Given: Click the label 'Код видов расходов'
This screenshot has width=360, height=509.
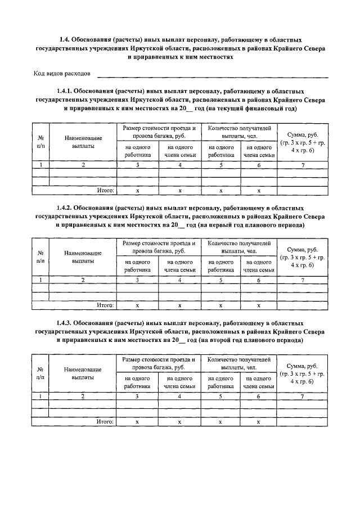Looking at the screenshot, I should tap(61, 74).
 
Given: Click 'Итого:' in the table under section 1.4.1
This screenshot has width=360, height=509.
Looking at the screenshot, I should tap(105, 190).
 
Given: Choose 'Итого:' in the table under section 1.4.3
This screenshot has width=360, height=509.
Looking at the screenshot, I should tap(105, 421).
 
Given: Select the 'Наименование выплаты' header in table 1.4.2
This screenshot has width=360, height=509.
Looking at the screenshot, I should tap(83, 257).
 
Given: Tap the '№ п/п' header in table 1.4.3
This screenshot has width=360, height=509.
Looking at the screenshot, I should tap(40, 374).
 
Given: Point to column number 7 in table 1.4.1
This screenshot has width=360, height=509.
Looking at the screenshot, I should tap(303, 165).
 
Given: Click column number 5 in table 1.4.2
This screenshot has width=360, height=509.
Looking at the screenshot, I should tap(220, 280).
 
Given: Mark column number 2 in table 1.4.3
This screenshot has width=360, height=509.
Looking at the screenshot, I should tap(83, 397).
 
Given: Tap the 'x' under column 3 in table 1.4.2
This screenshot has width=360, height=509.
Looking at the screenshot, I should tap(137, 305).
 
